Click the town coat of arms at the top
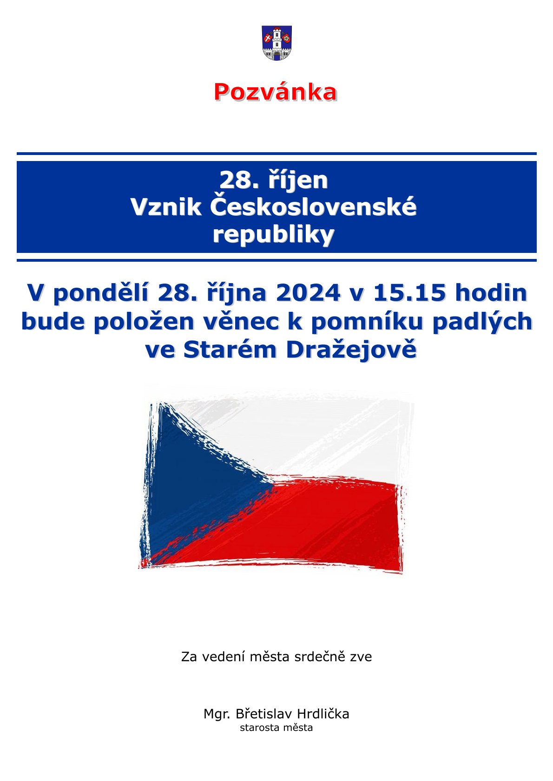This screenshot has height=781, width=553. pos(276,43)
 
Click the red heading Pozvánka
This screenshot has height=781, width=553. pos(276,92)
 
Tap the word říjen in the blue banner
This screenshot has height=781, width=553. pos(298,181)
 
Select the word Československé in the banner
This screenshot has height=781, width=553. pos(313,207)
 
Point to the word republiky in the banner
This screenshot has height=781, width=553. pos(274,235)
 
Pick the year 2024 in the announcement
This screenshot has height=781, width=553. pos(308,293)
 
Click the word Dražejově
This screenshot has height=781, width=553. pos(351,351)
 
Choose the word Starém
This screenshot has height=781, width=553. pos(230,350)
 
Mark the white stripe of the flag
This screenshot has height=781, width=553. pos(314,436)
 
